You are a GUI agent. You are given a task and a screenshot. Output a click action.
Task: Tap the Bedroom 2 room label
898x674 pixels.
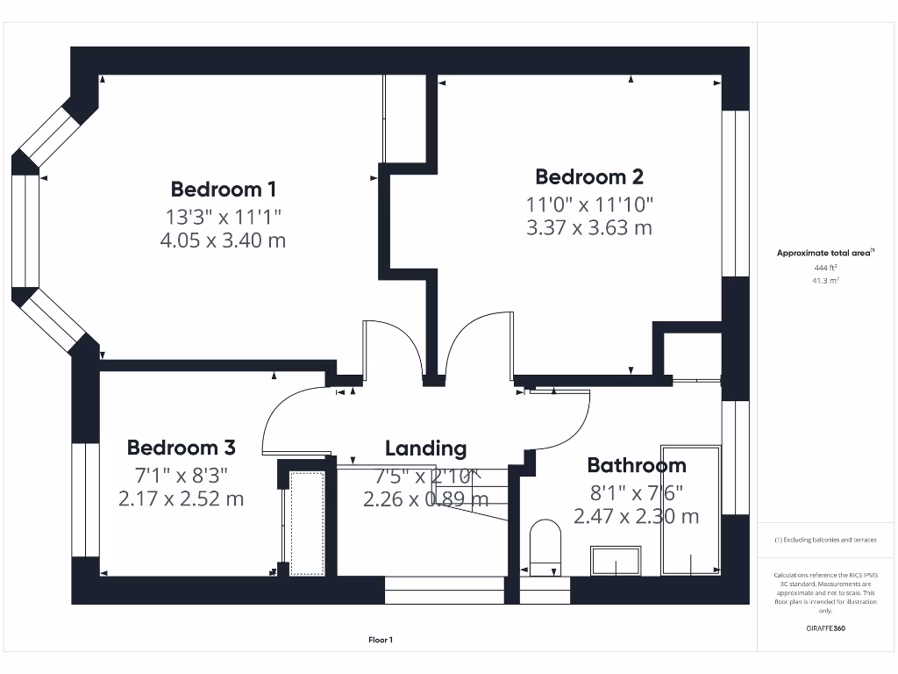pos(589,176)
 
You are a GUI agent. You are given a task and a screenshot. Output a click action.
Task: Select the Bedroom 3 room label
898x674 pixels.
pos(181,448)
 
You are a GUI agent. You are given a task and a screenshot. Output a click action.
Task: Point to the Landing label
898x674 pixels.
pos(425,448)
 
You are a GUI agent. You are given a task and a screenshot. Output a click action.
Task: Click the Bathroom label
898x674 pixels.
pos(636,465)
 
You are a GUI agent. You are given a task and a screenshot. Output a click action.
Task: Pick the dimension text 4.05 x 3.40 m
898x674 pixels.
pos(223,240)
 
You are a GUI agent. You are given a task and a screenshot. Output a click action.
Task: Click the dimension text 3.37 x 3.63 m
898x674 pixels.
pos(589,228)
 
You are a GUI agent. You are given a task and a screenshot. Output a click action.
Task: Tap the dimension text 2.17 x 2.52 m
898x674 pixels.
pos(181,499)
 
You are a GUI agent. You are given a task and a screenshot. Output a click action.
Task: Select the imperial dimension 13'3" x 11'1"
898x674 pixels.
pos(223,215)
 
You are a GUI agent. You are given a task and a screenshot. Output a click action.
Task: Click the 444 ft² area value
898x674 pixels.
pos(824,267)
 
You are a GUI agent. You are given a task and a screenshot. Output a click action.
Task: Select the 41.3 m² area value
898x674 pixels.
pos(824,281)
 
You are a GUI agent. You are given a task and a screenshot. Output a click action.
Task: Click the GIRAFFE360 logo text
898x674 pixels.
pos(824,628)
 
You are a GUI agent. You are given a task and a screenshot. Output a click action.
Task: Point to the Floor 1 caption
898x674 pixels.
pos(380,641)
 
